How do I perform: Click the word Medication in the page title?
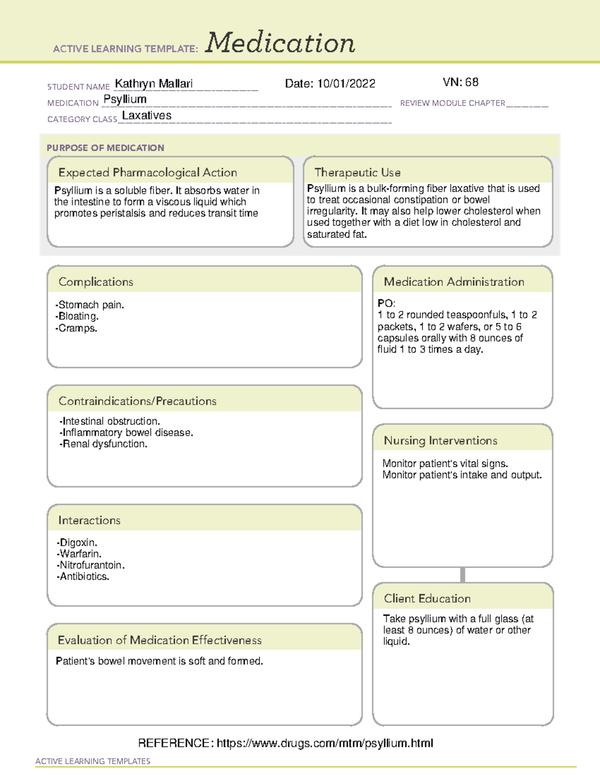pyautogui.click(x=280, y=43)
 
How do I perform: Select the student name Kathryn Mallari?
pyautogui.click(x=153, y=83)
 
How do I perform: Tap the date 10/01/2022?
pyautogui.click(x=346, y=83)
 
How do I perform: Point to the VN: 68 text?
pyautogui.click(x=460, y=82)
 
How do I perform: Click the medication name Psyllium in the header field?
pyautogui.click(x=125, y=99)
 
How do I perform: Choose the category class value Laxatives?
pyautogui.click(x=146, y=115)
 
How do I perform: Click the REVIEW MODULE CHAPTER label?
pyautogui.click(x=452, y=103)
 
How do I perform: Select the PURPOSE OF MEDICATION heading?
pyautogui.click(x=105, y=148)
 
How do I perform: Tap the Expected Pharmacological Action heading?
pyautogui.click(x=147, y=172)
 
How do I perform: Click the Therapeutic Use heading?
pyautogui.click(x=357, y=172)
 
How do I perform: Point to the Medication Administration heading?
pyautogui.click(x=453, y=282)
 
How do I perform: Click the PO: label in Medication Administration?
pyautogui.click(x=386, y=303)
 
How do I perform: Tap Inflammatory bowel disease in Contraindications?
pyautogui.click(x=126, y=432)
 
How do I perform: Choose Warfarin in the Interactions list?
pyautogui.click(x=79, y=554)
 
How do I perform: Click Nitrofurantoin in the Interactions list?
pyautogui.click(x=91, y=565)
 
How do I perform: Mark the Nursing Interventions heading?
pyautogui.click(x=440, y=441)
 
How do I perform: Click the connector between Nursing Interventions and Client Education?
pyautogui.click(x=462, y=575)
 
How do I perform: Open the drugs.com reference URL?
pyautogui.click(x=324, y=743)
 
